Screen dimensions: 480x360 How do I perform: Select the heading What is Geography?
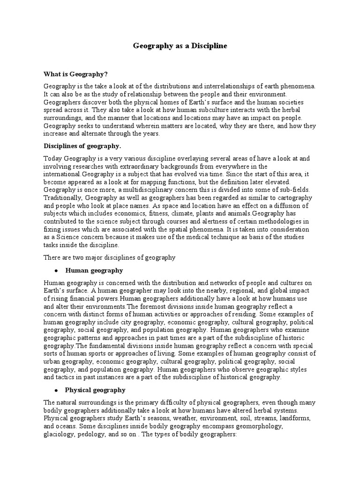pos(75,74)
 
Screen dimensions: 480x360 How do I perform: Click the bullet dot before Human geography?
pos(56,271)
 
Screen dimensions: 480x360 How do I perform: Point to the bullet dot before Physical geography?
pos(56,390)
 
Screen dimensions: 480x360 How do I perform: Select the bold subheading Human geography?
pos(94,270)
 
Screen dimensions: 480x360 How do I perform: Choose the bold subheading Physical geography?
pos(95,390)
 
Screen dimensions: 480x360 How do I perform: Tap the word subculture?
pos(182,110)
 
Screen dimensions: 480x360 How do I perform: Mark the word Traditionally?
pos(64,197)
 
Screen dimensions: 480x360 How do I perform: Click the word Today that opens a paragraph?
pos(53,159)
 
